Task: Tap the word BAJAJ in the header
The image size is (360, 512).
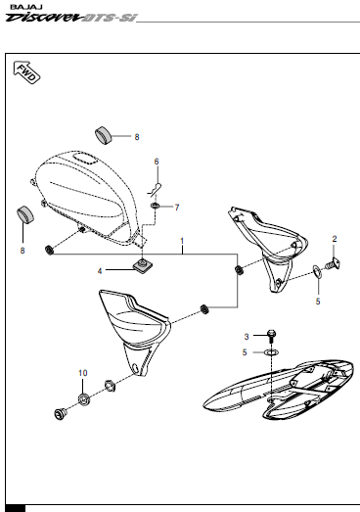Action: [x=20, y=6]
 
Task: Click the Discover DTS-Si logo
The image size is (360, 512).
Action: [x=67, y=19]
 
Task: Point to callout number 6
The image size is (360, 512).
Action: [x=156, y=161]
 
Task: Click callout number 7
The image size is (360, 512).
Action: [x=177, y=207]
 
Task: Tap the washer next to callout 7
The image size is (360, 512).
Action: [x=157, y=207]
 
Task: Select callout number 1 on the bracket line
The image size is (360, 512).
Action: [x=181, y=241]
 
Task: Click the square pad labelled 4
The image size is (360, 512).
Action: [x=145, y=267]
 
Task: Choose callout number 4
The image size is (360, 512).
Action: [x=126, y=270]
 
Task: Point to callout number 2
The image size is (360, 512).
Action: [x=335, y=239]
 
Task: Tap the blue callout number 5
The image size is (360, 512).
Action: [x=317, y=303]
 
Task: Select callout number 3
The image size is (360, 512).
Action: [x=247, y=336]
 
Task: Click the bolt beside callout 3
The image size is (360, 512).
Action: [x=271, y=335]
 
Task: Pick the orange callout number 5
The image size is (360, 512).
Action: [x=247, y=351]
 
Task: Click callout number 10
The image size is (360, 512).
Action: [x=83, y=373]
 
